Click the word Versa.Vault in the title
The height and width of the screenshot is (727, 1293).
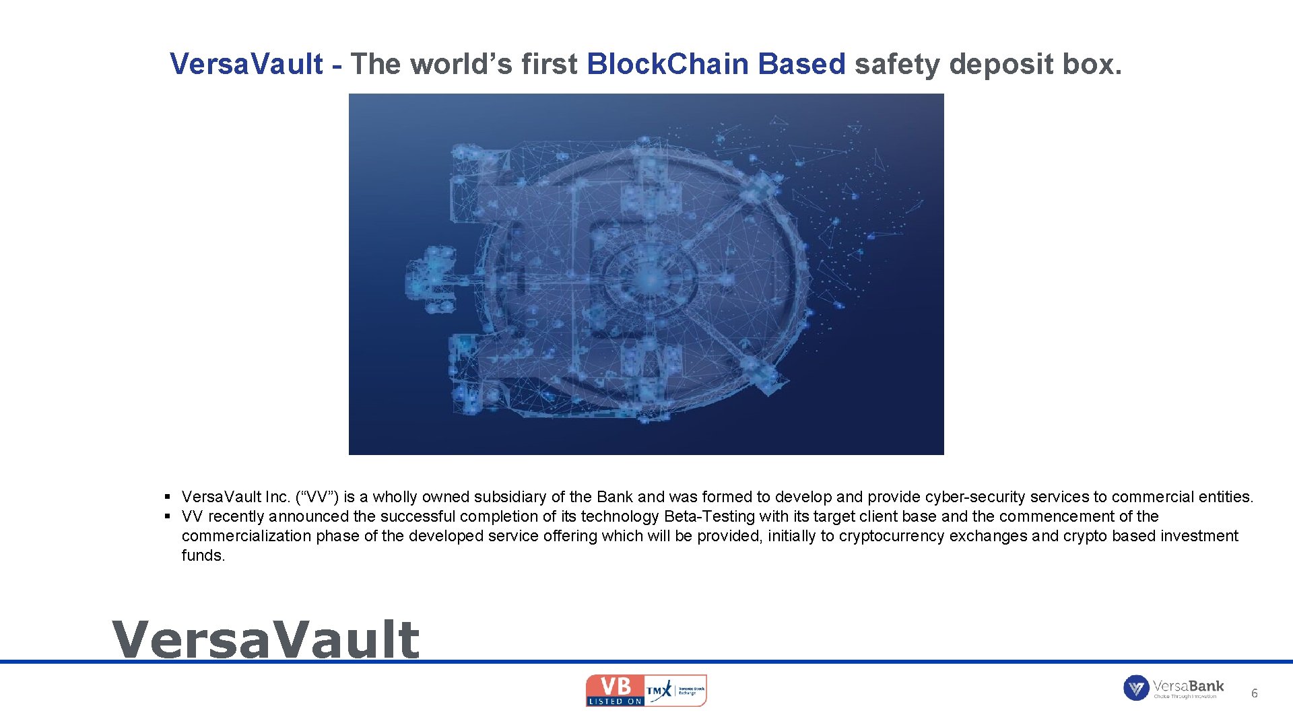click(x=246, y=64)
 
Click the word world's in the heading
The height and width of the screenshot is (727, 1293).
click(x=461, y=64)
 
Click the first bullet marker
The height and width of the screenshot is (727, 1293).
click(x=167, y=497)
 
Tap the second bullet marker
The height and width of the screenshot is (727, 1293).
click(x=167, y=516)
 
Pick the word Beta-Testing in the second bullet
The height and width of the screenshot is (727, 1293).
click(x=709, y=516)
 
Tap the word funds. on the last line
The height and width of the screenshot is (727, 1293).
click(x=203, y=555)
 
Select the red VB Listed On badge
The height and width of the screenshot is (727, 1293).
click(x=615, y=691)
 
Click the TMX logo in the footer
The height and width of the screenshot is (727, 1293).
click(x=659, y=691)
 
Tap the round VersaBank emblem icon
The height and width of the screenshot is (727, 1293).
click(x=1135, y=688)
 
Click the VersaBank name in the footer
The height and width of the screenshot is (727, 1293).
click(x=1188, y=686)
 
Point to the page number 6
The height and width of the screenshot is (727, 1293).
click(x=1254, y=693)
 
